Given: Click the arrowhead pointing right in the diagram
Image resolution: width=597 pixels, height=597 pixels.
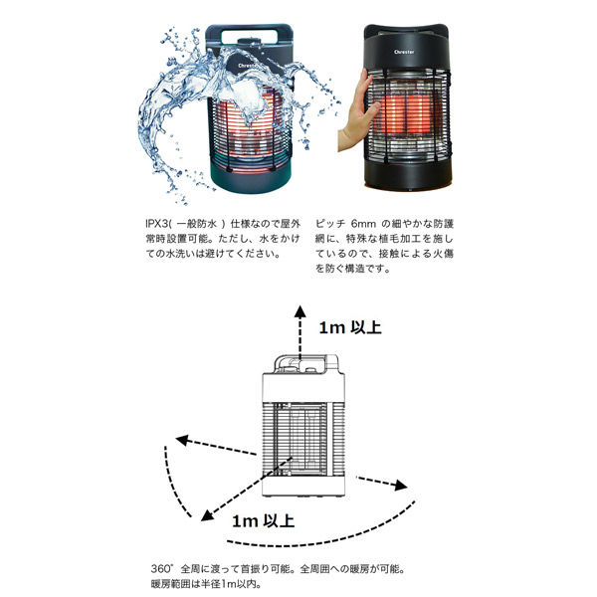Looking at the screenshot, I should coord(402,486).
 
